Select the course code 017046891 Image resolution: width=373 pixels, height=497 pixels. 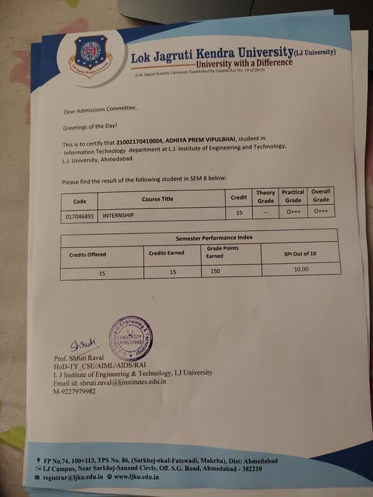click(x=79, y=215)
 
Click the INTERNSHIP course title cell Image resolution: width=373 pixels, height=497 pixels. click(x=119, y=215)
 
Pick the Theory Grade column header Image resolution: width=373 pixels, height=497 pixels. click(x=265, y=196)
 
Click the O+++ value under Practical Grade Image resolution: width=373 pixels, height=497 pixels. click(x=293, y=212)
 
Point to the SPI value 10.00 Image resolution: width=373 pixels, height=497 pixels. click(x=301, y=269)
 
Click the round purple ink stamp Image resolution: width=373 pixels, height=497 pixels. click(x=131, y=338)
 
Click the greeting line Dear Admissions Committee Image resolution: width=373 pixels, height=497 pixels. click(x=100, y=110)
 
